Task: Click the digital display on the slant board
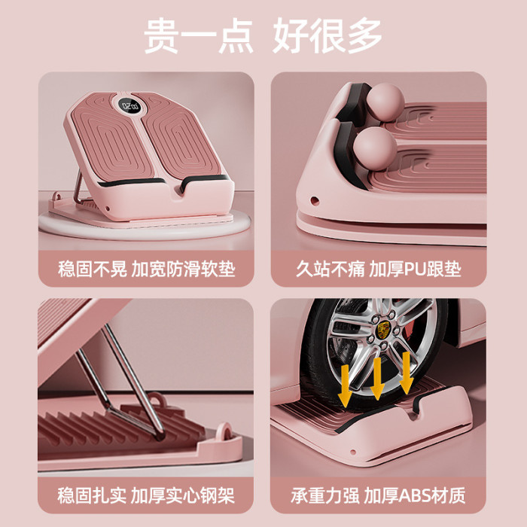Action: click(129, 106)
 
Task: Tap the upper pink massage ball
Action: click(385, 102)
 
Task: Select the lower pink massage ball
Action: click(375, 149)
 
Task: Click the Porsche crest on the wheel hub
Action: click(382, 330)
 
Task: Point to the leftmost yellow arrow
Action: click(345, 385)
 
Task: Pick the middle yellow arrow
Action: click(377, 378)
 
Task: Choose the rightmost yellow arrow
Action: click(406, 373)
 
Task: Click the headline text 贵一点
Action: click(198, 36)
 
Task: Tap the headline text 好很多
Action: click(327, 36)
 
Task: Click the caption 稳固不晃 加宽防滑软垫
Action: click(146, 269)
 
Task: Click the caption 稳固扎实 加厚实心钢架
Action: click(145, 495)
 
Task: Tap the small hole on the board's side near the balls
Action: click(314, 201)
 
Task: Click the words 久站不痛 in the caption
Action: click(330, 269)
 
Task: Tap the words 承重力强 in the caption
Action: click(325, 495)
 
